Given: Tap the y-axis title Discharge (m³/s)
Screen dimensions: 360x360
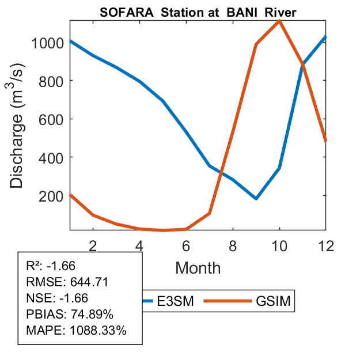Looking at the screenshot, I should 19,126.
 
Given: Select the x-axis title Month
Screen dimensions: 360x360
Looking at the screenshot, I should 198,267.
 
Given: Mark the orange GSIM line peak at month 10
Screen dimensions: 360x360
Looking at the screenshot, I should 279,21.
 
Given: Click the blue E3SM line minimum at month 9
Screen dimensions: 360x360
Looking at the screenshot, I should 256,199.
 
